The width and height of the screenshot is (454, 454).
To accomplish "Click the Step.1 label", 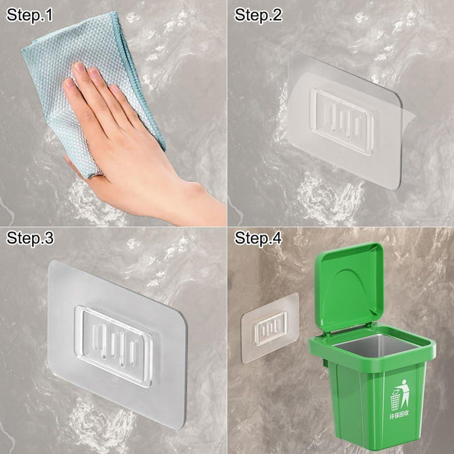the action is tap(29, 16).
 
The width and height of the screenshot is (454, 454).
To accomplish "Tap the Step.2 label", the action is tap(258, 16).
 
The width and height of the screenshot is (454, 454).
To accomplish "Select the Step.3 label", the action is tap(30, 238).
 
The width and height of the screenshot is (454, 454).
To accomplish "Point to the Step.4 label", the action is tap(258, 238).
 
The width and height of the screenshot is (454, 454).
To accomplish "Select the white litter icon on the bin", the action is tap(400, 395).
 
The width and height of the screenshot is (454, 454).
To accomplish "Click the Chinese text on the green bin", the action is tap(399, 415).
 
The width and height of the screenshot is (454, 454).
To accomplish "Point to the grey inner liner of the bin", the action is tap(376, 346).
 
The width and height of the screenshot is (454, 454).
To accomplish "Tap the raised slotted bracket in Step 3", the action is tap(113, 346).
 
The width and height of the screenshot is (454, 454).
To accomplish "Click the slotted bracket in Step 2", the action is tap(342, 122).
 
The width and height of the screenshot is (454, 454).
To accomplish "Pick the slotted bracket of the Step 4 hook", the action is tap(271, 329).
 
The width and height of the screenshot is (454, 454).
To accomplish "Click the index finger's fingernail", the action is tap(78, 67).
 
